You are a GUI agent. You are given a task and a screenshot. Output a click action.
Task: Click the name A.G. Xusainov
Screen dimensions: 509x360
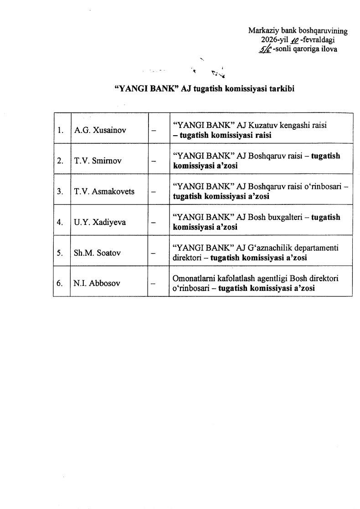coord(100,130)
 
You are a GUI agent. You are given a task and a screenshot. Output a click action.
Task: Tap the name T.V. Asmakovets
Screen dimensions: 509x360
coord(104,191)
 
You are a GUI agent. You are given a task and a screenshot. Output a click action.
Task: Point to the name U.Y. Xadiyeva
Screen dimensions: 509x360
coord(99,222)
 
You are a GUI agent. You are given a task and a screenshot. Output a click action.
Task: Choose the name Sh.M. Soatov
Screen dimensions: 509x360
coord(97,253)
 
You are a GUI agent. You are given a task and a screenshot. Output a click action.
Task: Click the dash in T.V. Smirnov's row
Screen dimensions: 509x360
coord(154,161)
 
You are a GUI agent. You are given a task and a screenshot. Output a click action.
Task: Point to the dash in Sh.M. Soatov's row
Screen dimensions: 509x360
coord(154,253)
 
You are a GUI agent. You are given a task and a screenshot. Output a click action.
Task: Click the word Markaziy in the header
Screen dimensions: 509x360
coord(262,31)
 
